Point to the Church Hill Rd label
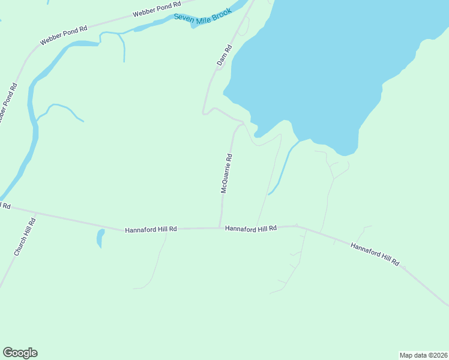(25, 238)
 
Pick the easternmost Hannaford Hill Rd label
(375, 254)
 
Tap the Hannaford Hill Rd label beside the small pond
(151, 230)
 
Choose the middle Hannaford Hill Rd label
(250, 229)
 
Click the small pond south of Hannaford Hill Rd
(100, 238)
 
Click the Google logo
(20, 353)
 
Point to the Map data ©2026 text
(423, 355)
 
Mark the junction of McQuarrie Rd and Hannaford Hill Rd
(221, 227)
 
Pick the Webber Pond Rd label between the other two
(64, 35)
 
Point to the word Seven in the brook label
(183, 17)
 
